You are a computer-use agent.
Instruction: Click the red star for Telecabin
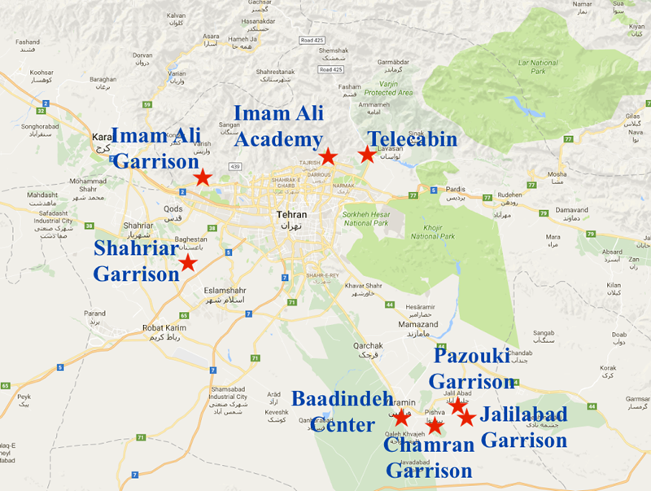point(367,154)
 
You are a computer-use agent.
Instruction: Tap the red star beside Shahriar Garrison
point(188,262)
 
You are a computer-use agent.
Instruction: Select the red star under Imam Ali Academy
point(327,156)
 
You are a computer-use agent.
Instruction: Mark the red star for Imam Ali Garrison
point(203,177)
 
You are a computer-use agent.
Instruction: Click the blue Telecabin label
point(412,138)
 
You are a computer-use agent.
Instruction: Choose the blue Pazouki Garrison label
point(471,368)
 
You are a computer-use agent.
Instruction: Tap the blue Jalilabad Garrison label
point(523,427)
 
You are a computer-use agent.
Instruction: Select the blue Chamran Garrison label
point(428,458)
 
